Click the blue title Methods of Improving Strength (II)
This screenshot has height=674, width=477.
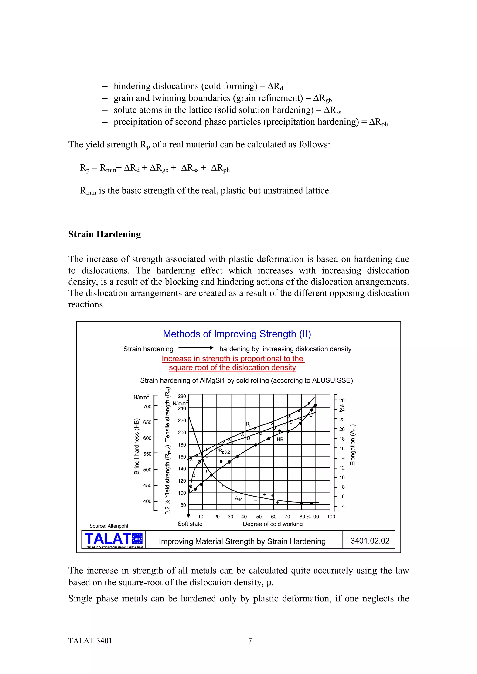tap(237, 334)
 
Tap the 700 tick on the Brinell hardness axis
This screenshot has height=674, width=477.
tap(147, 407)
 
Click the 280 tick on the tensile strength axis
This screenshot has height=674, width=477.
tap(182, 396)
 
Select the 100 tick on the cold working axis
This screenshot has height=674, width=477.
tap(331, 517)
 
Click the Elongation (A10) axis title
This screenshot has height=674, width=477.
tap(353, 445)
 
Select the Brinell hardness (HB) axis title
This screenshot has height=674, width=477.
tap(136, 446)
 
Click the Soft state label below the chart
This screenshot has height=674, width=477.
tap(190, 524)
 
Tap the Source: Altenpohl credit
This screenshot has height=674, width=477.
tap(109, 526)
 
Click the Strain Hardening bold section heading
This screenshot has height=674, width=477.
tap(104, 234)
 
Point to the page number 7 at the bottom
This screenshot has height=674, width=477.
tap(250, 641)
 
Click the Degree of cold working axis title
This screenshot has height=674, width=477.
tap(273, 524)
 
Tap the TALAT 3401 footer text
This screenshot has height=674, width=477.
tap(90, 641)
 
